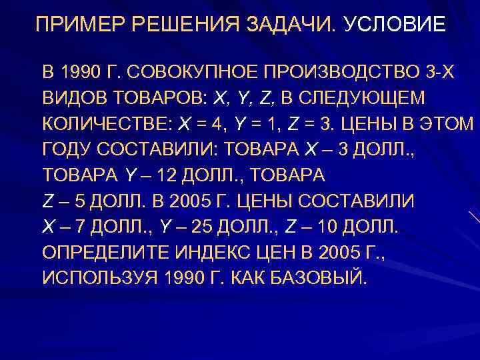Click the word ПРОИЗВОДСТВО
334,72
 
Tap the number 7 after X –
81,227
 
